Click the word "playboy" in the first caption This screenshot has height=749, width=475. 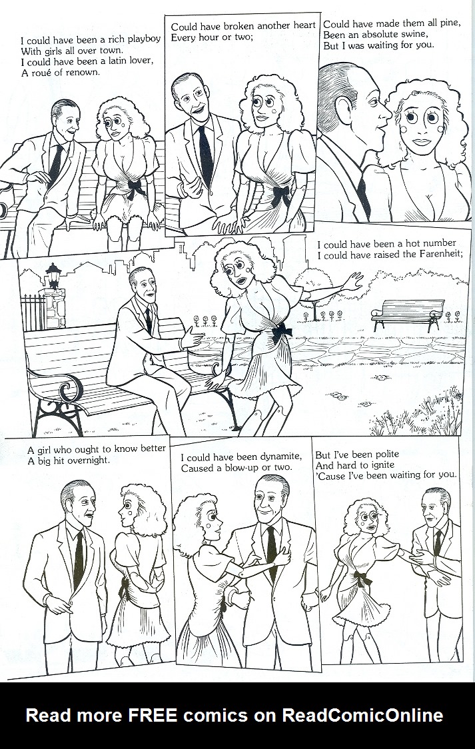(143, 39)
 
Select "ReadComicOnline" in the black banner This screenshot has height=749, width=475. (363, 716)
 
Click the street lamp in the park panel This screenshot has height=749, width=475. (53, 272)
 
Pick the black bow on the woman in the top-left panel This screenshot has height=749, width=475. (139, 187)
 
